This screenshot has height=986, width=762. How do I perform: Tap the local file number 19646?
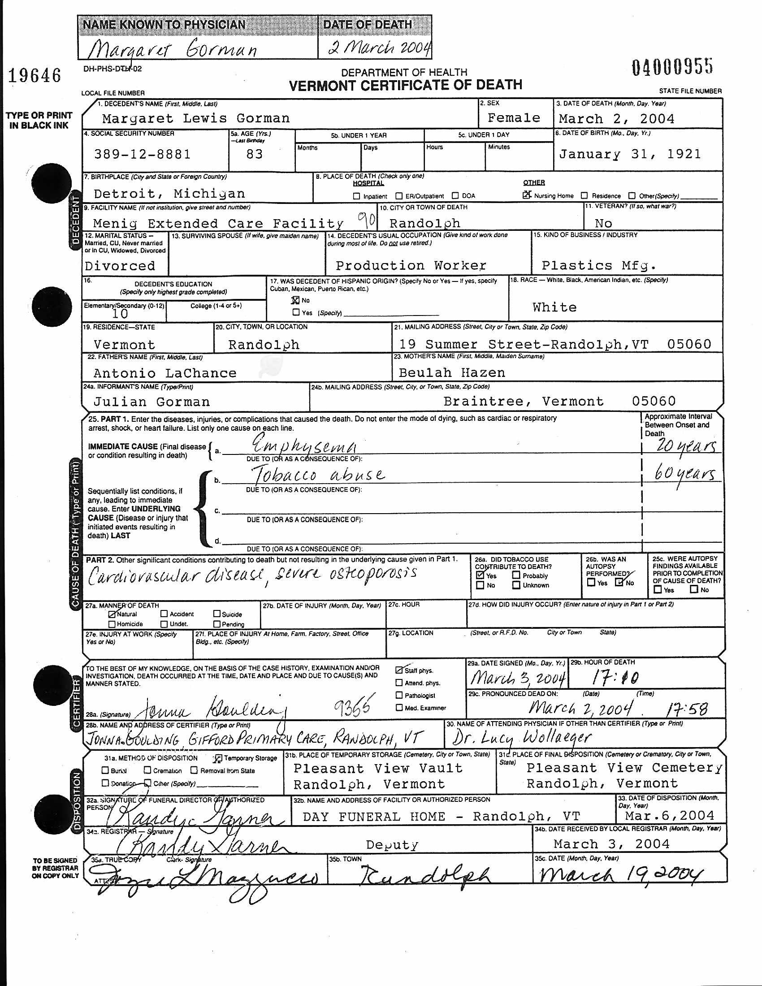pos(35,75)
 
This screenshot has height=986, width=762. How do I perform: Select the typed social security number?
pos(142,155)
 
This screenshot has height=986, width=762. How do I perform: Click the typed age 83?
pos(254,155)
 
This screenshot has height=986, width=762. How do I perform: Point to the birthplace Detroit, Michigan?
pos(169,194)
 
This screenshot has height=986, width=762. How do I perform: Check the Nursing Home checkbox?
pos(526,195)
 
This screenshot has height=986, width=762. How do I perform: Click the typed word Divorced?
pos(120,266)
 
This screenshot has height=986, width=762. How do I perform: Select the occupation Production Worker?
pos(411,265)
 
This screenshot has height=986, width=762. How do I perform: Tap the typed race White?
pos(554,307)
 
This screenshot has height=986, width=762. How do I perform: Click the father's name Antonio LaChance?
pos(165,373)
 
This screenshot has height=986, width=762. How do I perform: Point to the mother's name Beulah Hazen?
pos(452,372)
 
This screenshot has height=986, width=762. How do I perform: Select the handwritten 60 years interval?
pos(684,474)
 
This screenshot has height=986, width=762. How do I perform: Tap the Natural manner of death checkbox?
pos(112,614)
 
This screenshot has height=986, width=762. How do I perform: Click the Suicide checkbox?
pos(216,614)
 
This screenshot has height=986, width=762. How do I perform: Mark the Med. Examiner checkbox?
pos(399,707)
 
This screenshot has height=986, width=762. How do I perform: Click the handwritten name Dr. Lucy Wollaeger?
pos(521,737)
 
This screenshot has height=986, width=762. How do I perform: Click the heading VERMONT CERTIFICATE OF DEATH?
pos(405,85)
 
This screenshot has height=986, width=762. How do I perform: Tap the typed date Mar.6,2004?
pos(670,815)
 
